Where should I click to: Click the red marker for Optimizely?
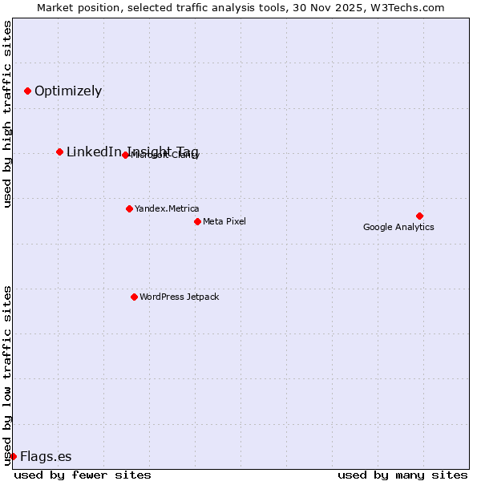(x=27, y=91)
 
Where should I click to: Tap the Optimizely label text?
(x=68, y=91)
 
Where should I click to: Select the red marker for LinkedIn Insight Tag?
(x=59, y=152)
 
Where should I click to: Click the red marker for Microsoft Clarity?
(x=125, y=155)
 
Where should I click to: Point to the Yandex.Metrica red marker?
(x=129, y=208)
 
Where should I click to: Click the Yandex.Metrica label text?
(x=167, y=208)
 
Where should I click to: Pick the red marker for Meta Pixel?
(x=197, y=221)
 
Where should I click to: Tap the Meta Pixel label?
(x=224, y=221)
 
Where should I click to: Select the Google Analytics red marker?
(x=419, y=216)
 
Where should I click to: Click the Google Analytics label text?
(x=398, y=227)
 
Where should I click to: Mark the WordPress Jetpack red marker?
(x=134, y=297)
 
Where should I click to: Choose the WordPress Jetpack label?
(x=179, y=297)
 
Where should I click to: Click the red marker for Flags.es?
(x=13, y=456)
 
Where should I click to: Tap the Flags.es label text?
(x=46, y=456)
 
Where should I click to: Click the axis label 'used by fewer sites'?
(x=83, y=475)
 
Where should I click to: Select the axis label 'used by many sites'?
(x=402, y=475)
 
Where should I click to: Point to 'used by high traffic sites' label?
(x=8, y=114)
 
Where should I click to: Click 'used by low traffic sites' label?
(x=8, y=374)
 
